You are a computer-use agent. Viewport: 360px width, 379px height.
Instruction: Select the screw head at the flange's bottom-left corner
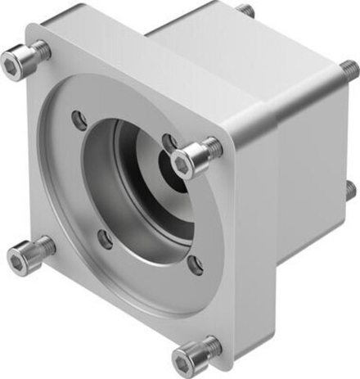pyautogui.click(x=20, y=259)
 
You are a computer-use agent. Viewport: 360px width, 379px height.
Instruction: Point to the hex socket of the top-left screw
pyautogui.click(x=14, y=60)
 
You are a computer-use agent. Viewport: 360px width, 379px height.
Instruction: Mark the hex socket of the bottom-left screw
pyautogui.click(x=17, y=260)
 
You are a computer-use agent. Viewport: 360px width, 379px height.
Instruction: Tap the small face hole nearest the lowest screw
pyautogui.click(x=193, y=264)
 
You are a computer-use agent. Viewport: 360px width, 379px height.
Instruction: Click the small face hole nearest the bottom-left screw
pyautogui.click(x=105, y=239)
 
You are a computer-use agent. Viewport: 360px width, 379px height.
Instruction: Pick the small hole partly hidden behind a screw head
pyautogui.click(x=169, y=142)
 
